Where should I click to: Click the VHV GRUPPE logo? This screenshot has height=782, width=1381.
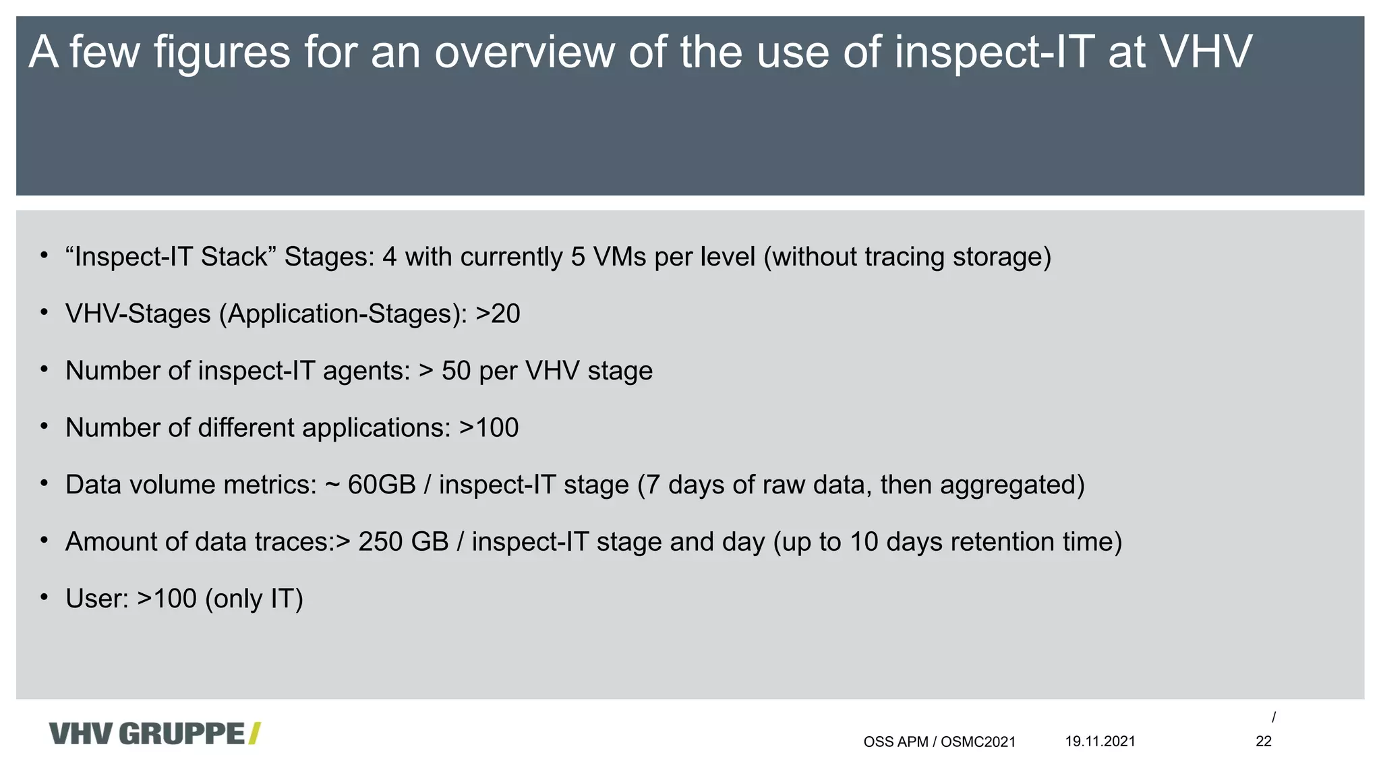click(154, 733)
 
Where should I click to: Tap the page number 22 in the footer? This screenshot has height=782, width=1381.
click(1263, 742)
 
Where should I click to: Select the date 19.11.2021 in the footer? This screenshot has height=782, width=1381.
click(1100, 742)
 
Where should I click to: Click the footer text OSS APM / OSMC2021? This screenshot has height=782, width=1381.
click(939, 742)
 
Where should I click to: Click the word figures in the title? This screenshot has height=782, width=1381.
click(222, 52)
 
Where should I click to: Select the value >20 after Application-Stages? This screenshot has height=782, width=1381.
click(498, 314)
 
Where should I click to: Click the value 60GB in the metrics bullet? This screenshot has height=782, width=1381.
click(382, 485)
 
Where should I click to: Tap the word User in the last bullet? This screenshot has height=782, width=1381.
click(96, 599)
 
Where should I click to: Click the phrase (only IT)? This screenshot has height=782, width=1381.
click(254, 599)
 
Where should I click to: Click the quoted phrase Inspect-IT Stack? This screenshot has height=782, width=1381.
click(171, 257)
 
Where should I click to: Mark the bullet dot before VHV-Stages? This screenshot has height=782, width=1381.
click(44, 312)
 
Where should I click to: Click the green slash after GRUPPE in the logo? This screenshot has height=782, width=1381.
click(254, 733)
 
